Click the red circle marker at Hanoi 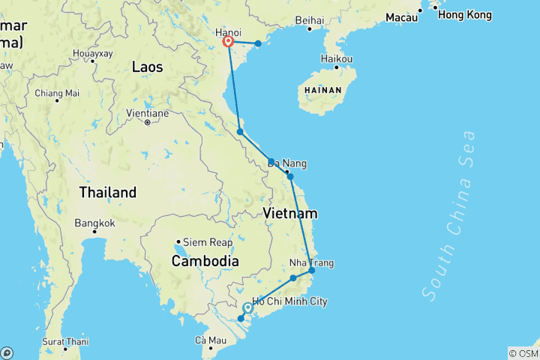click(229, 42)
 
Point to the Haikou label click(337, 58)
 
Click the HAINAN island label click(323, 90)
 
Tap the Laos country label click(147, 67)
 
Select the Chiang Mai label click(56, 93)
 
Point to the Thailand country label click(108, 192)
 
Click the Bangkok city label click(94, 223)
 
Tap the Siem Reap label click(203, 242)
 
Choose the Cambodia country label click(205, 261)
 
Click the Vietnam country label click(290, 214)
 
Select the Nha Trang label click(312, 263)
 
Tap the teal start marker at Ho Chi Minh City click(248, 307)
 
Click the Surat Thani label click(66, 341)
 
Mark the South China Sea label click(451, 216)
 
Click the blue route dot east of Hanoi click(258, 43)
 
